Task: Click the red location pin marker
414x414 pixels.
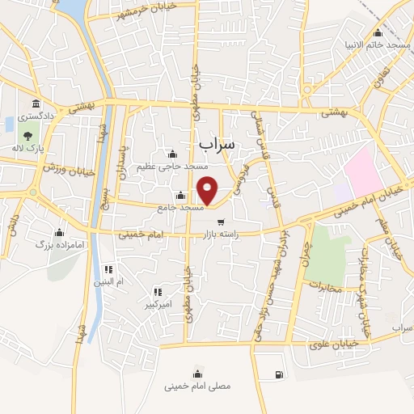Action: (x=208, y=190)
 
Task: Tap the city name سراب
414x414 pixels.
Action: (x=216, y=143)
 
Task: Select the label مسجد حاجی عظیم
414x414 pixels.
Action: (x=171, y=167)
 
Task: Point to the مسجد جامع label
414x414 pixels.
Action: (x=180, y=207)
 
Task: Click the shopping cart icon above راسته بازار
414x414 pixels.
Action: (x=220, y=221)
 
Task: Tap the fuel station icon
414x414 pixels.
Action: (x=279, y=374)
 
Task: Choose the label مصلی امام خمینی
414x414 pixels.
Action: (x=197, y=386)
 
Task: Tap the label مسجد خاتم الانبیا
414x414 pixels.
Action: (x=378, y=44)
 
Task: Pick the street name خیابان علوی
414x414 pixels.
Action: (x=330, y=345)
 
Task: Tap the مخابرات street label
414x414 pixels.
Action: (x=326, y=287)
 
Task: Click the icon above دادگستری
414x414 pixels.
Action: (x=36, y=103)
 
